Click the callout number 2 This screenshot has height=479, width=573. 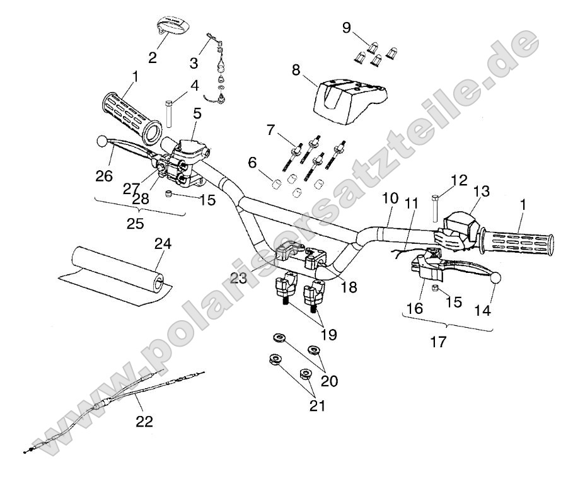click(x=153, y=57)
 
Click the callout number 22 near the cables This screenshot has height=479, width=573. click(x=144, y=422)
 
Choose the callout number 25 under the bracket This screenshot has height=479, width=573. click(x=136, y=223)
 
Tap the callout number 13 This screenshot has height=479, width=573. click(x=482, y=190)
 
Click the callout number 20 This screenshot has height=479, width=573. click(x=330, y=381)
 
